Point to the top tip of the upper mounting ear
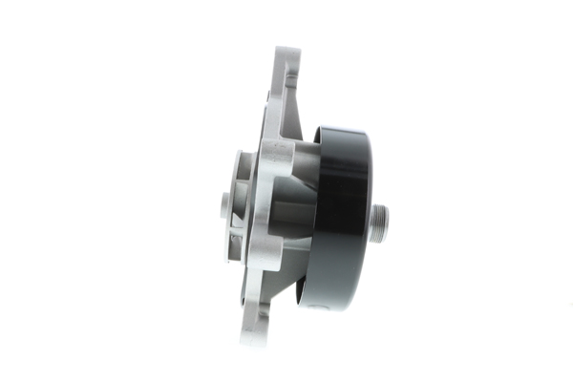coord(286,51)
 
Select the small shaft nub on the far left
coord(224,203)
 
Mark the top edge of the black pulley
coord(340,127)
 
